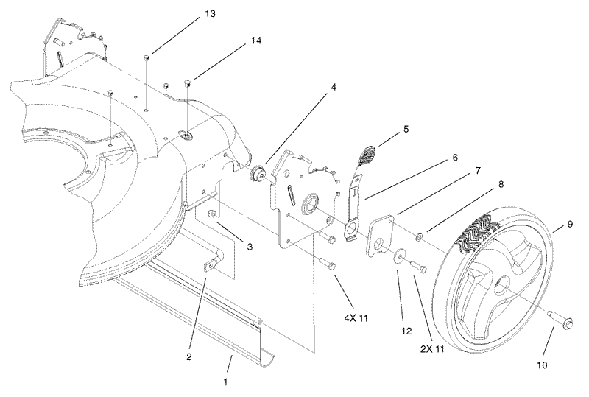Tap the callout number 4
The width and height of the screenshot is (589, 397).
click(334, 87)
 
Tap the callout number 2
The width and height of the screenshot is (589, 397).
click(189, 357)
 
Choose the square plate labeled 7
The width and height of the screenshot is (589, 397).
click(381, 235)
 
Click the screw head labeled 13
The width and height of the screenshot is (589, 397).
click(148, 57)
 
